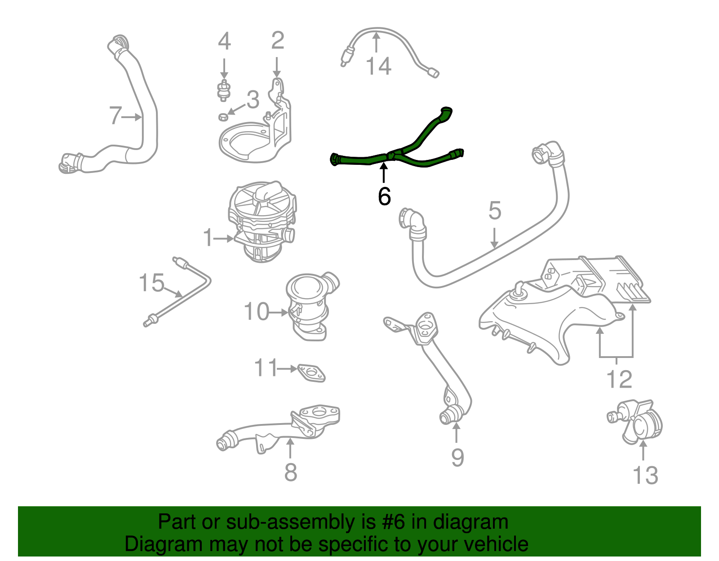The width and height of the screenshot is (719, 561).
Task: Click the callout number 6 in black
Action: click(384, 196)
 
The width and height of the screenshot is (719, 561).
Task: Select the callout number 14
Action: click(378, 66)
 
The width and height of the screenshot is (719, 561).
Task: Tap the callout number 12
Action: click(619, 379)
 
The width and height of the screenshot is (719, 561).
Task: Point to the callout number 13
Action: click(645, 475)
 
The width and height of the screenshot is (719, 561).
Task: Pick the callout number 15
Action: click(151, 283)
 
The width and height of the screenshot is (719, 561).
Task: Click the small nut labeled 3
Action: click(223, 117)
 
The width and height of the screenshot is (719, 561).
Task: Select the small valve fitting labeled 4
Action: click(224, 90)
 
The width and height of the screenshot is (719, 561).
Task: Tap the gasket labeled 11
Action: click(311, 373)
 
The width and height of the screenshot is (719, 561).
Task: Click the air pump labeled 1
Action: click(262, 221)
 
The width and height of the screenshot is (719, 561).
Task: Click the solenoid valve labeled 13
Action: click(635, 422)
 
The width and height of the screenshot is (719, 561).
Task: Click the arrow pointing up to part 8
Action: click(290, 448)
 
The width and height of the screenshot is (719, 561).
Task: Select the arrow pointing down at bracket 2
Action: click(277, 67)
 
